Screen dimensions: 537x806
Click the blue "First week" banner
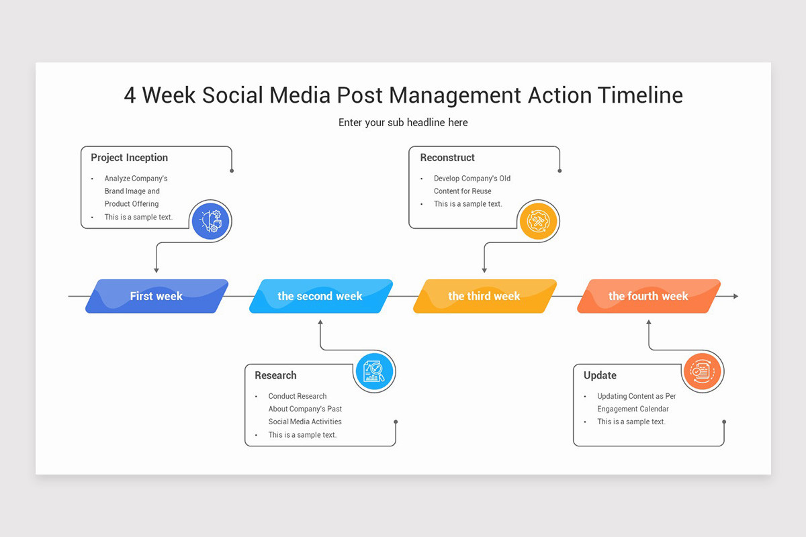pos(156,296)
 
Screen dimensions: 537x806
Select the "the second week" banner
pos(320,296)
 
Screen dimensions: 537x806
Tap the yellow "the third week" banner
pos(484,296)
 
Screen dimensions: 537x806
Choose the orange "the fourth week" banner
pos(648,296)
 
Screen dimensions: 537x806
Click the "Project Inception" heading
pos(130,158)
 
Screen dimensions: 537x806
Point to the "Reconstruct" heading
pos(447,158)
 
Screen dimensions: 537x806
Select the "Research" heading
pos(275,375)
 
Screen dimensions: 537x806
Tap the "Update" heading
pos(600,375)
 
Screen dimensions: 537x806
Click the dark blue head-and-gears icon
pos(211,220)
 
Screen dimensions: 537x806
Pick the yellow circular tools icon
pos(539,220)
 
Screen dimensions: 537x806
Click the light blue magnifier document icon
pos(375,371)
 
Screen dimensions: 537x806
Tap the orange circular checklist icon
pos(703,371)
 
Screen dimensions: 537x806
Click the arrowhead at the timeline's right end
pos(735,296)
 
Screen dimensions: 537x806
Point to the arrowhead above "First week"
pos(156,270)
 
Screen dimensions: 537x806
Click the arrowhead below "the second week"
pos(320,323)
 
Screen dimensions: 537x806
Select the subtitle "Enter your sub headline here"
pos(403,122)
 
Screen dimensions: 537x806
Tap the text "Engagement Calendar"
pos(633,409)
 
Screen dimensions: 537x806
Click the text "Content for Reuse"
pos(462,191)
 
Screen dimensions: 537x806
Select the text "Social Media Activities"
pos(305,422)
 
